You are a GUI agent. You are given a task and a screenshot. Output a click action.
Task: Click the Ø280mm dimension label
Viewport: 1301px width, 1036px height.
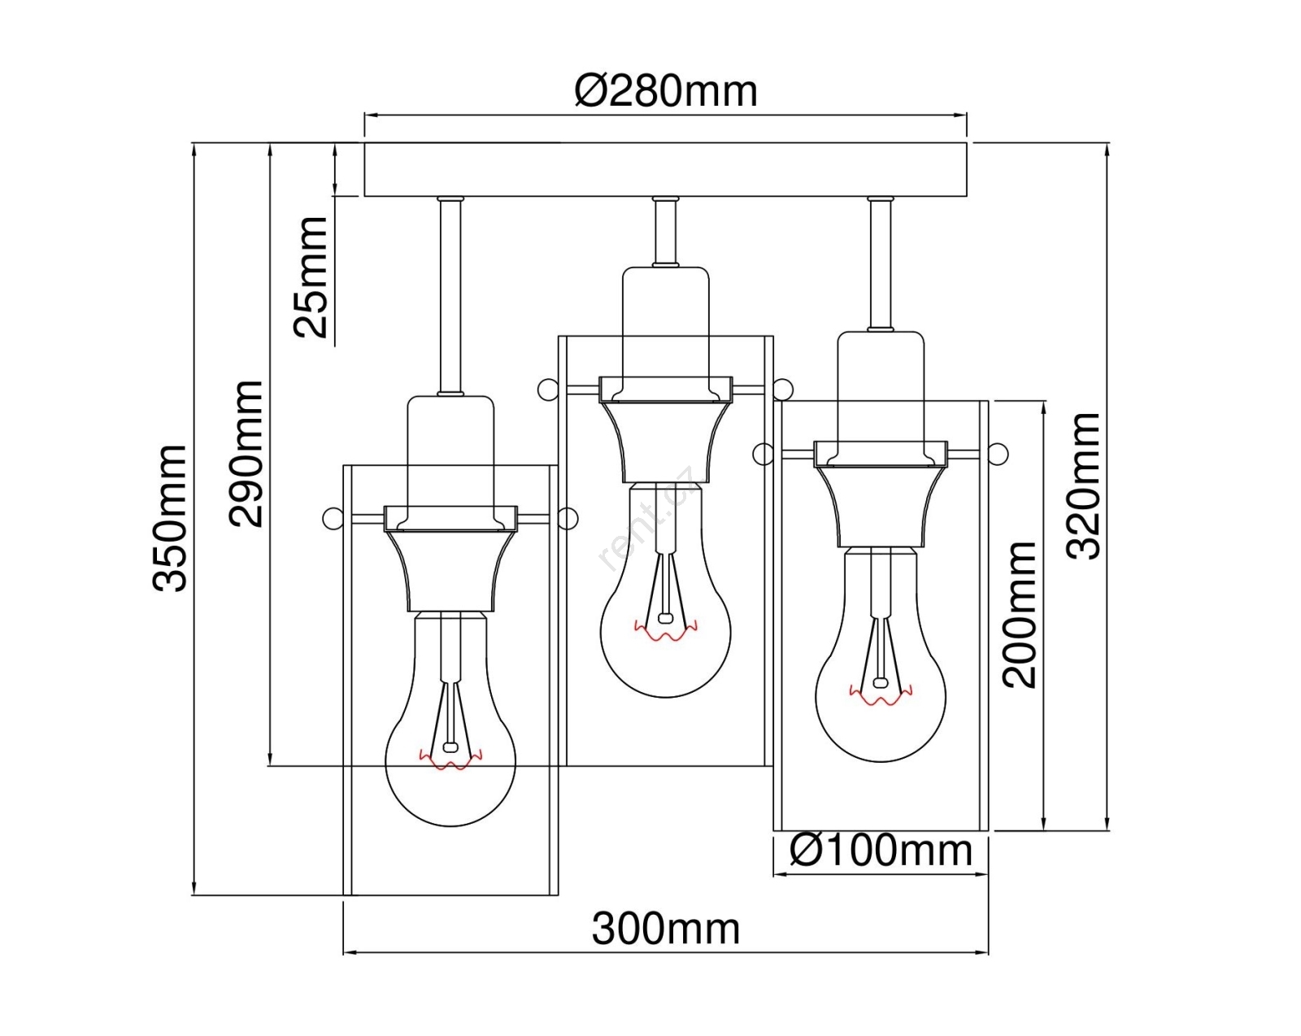(666, 92)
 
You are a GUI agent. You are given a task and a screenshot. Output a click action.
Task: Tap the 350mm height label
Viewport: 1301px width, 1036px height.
(169, 518)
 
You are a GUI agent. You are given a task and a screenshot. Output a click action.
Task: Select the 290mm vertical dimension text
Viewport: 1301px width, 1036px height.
(246, 454)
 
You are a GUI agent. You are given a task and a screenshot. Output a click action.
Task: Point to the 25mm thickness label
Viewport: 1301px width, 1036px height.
(310, 277)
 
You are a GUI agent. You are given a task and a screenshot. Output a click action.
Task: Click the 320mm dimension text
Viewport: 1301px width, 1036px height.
(1083, 486)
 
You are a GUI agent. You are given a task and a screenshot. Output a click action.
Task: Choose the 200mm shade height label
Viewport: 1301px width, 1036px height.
(1020, 615)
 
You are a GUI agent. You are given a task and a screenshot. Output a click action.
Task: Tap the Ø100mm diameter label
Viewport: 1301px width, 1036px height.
(881, 851)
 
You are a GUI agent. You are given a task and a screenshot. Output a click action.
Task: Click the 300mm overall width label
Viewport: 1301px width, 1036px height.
(666, 929)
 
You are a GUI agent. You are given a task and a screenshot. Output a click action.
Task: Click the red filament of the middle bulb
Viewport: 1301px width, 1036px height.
(666, 630)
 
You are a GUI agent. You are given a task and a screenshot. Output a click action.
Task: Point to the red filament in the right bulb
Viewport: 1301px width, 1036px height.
(881, 695)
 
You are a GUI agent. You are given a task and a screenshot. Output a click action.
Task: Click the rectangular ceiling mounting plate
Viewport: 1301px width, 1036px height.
(666, 170)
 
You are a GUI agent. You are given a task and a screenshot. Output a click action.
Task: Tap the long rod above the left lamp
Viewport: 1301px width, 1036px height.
(451, 296)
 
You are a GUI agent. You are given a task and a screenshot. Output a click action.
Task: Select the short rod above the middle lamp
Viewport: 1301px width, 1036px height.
(666, 232)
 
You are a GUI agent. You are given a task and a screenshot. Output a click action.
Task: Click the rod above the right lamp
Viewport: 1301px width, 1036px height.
(881, 263)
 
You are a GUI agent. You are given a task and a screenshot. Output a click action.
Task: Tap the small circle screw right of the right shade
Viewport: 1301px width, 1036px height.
(999, 453)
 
